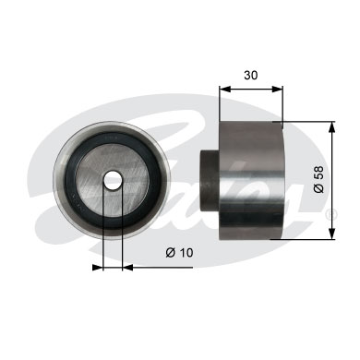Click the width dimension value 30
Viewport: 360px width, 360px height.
click(250, 75)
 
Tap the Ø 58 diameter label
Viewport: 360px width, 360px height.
click(318, 179)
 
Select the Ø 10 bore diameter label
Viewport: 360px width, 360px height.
click(179, 253)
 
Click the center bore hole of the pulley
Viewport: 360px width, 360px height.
click(113, 181)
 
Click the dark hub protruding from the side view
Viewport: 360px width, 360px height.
click(210, 181)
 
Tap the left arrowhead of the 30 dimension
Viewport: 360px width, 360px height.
click(224, 89)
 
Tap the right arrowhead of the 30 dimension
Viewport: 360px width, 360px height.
click(277, 89)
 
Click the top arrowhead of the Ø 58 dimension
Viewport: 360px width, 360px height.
click(331, 127)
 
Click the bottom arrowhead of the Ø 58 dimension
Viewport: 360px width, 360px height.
click(331, 234)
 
